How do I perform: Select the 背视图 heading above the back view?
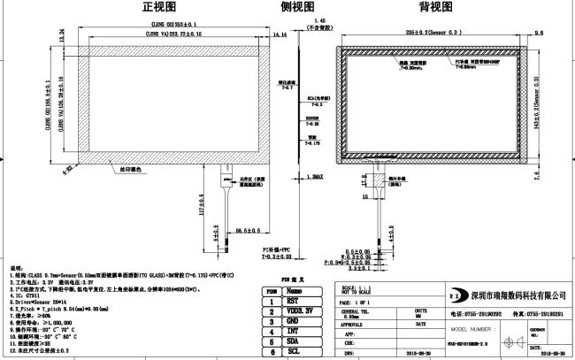436,7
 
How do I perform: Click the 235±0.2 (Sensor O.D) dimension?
438,31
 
